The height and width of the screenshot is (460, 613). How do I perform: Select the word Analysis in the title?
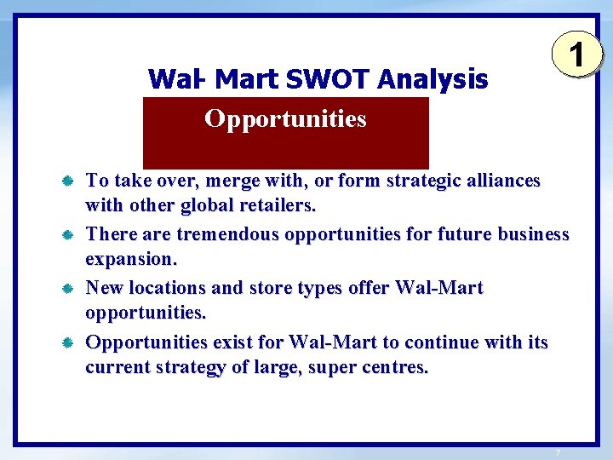[433, 80]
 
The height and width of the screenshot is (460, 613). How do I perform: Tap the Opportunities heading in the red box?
[285, 119]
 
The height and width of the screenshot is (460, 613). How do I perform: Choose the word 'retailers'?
[272, 206]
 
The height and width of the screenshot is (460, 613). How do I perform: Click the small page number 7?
[557, 451]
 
